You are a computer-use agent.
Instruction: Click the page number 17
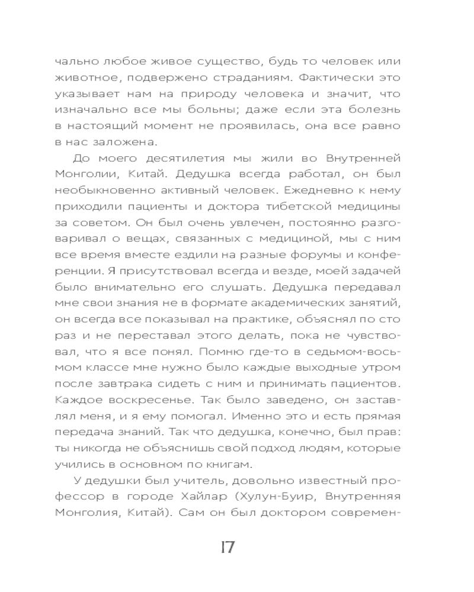tap(227, 547)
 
